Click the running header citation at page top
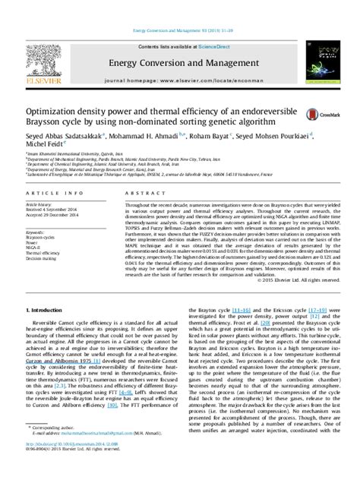pos(180,8)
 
